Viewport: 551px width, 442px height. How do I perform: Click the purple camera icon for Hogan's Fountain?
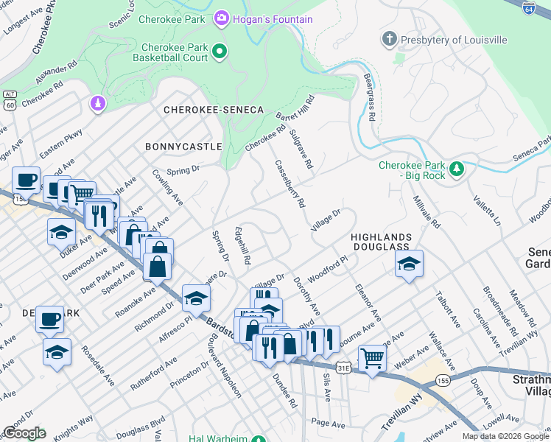point(220,18)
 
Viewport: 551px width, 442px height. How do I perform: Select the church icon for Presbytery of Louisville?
point(390,38)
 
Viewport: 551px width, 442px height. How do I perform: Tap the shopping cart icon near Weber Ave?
point(373,359)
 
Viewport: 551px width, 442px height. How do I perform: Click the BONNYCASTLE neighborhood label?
point(183,147)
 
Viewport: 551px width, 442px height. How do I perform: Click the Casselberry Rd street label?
point(289,184)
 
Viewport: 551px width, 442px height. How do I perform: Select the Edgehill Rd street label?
point(242,245)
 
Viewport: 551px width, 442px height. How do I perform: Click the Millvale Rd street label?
point(426,212)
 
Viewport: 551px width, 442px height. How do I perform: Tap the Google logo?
point(24,433)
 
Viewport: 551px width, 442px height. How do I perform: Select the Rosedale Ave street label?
point(98,365)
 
